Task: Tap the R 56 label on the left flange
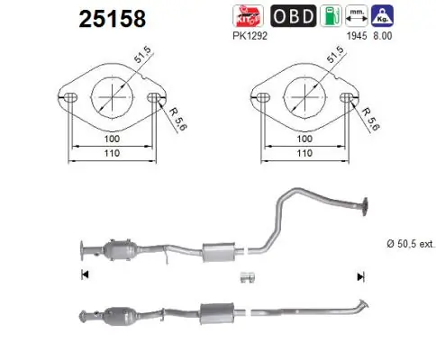click(x=175, y=117)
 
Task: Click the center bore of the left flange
click(x=111, y=94)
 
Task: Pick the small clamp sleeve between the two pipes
click(x=248, y=276)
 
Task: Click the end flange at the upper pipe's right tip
click(x=367, y=205)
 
